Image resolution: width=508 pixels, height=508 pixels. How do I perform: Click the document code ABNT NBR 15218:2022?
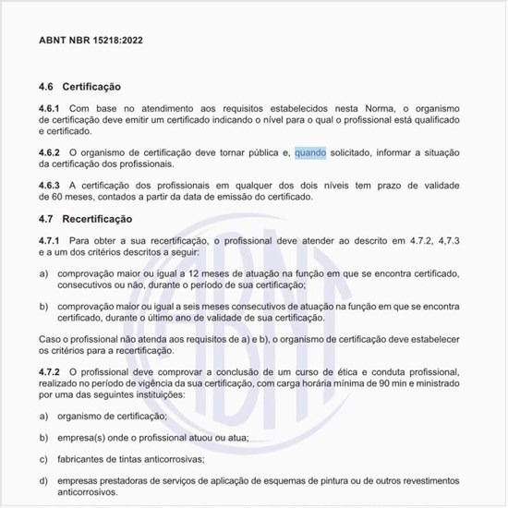91,42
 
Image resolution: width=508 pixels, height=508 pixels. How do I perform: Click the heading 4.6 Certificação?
80,87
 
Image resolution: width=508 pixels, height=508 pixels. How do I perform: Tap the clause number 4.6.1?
50,110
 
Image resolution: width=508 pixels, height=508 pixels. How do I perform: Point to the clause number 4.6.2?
50,151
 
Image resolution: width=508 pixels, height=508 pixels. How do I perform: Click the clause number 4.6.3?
50,185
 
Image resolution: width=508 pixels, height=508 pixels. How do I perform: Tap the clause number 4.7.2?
50,371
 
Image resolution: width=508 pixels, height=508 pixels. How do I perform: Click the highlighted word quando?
310,151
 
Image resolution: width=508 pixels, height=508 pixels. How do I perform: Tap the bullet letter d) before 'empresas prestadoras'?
43,480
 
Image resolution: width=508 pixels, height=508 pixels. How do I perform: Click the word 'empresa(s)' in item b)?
82,438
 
